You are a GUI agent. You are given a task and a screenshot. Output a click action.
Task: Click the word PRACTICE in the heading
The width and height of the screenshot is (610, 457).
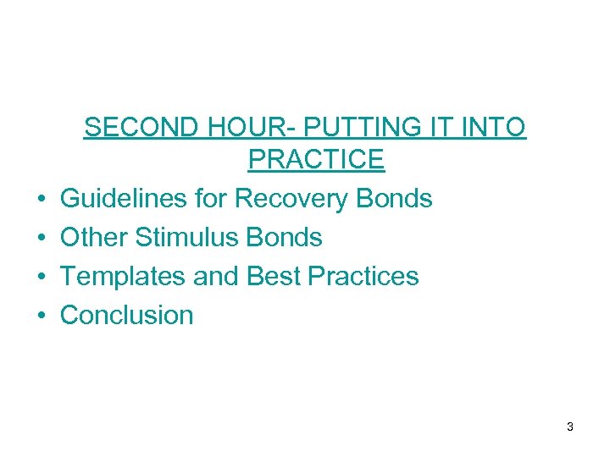(316, 159)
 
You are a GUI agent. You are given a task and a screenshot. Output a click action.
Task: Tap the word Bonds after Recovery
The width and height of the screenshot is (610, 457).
(394, 199)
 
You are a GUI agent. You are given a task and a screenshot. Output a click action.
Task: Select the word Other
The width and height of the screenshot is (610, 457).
(93, 238)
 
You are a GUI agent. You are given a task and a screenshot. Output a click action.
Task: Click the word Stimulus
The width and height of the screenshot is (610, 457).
(186, 238)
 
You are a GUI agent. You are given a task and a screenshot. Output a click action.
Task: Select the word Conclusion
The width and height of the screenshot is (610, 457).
(127, 316)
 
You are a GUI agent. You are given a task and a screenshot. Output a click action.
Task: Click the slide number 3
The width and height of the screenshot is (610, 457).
(570, 427)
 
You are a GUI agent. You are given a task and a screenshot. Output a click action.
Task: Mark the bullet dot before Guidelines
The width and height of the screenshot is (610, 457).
(42, 201)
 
